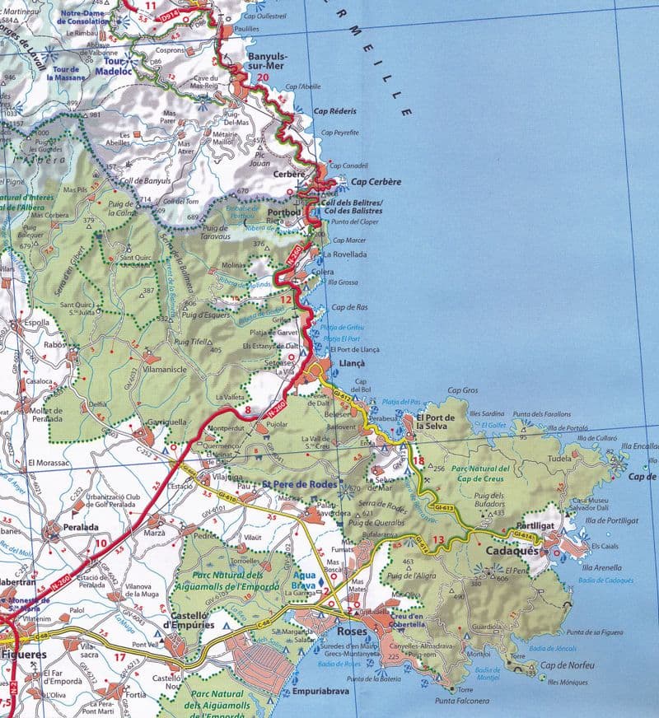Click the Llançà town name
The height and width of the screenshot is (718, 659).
click(350, 363)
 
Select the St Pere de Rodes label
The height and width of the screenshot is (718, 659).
click(299, 483)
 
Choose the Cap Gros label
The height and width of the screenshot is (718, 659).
click(463, 390)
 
